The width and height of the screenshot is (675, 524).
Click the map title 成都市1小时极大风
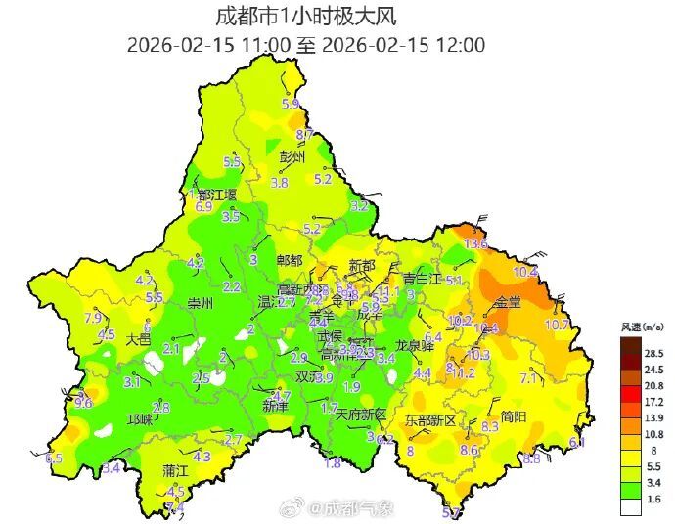coord(306,17)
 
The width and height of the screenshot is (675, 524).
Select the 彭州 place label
coord(292,156)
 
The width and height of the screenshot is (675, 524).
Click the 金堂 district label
coord(508,302)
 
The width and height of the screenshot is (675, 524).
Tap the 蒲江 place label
coord(176,470)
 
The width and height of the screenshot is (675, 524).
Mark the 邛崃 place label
coord(140,418)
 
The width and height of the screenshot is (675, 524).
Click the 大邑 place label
coord(139,339)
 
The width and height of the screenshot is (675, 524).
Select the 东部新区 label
coord(430,420)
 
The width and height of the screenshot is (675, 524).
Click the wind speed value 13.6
coord(475,243)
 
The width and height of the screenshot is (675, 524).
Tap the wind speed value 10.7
coord(557,324)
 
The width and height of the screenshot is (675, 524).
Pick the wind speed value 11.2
coord(463,373)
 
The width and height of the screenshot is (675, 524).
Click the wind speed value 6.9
coord(204,206)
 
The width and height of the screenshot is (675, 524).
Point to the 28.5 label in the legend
coord(652,353)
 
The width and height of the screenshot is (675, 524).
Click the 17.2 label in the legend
coord(652,401)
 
